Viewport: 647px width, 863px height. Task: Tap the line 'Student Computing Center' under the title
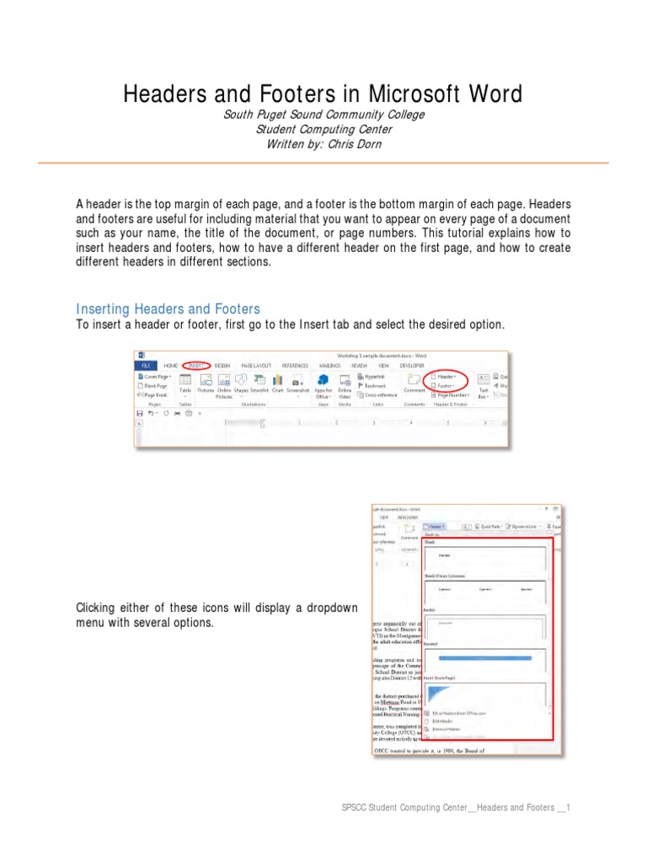click(323, 129)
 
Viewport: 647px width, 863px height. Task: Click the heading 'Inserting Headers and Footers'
click(168, 308)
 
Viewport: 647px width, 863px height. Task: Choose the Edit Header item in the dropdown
click(445, 721)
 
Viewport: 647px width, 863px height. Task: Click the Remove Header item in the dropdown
click(448, 730)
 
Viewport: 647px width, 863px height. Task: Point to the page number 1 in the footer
click(569, 807)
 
